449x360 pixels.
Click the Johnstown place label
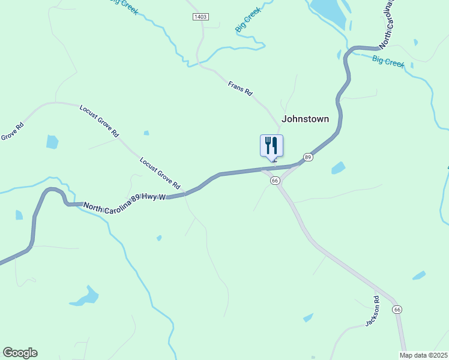[x=306, y=119]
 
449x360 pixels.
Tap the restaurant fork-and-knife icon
[x=271, y=145]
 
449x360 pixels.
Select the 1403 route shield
[x=200, y=17]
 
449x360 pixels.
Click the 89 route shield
[x=308, y=157]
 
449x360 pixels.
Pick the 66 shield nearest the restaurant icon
[x=275, y=181]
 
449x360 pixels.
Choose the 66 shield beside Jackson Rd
[x=397, y=309]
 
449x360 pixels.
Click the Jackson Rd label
[x=373, y=311]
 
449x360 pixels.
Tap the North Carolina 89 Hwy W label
[x=125, y=203]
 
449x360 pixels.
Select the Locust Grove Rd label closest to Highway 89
[x=160, y=173]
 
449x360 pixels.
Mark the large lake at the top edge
[x=329, y=12]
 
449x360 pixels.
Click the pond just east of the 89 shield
[x=339, y=168]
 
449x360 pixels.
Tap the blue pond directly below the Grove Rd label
[x=52, y=142]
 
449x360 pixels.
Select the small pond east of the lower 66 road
[x=419, y=275]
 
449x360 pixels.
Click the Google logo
[x=20, y=353]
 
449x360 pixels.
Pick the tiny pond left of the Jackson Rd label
[x=308, y=317]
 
